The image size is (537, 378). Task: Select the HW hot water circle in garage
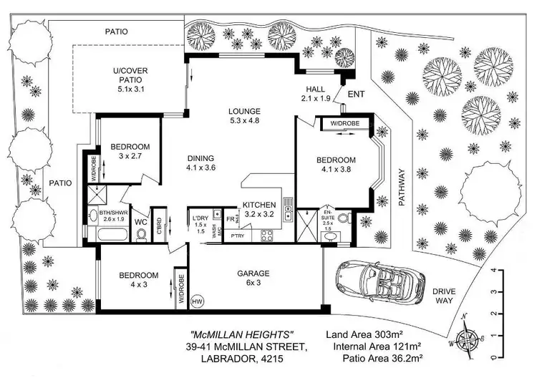[197, 301]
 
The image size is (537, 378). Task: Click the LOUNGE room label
[243, 112]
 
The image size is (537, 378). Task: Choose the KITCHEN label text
[258, 204]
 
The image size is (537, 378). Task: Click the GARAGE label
[253, 273]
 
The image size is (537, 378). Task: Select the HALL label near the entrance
[314, 89]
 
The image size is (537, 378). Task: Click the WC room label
[141, 223]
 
